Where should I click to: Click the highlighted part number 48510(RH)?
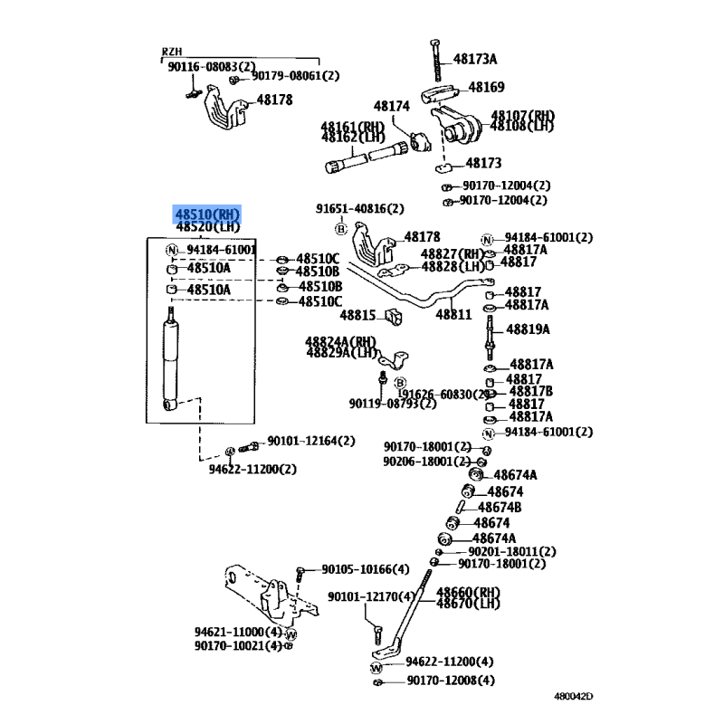209,214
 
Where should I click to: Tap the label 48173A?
475,60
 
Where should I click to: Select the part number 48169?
486,88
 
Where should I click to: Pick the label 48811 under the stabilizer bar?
453,314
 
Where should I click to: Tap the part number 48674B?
500,508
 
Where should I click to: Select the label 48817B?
531,391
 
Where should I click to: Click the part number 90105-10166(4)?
365,569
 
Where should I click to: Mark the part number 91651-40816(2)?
359,208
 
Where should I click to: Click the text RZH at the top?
171,52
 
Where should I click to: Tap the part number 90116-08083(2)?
211,66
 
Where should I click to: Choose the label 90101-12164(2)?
310,441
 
